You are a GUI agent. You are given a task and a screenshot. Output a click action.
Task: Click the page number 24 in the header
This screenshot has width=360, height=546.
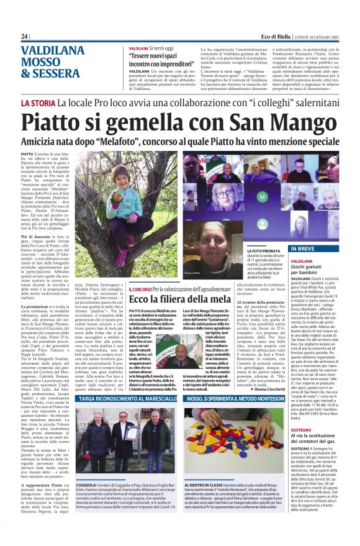[x=24, y=37]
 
